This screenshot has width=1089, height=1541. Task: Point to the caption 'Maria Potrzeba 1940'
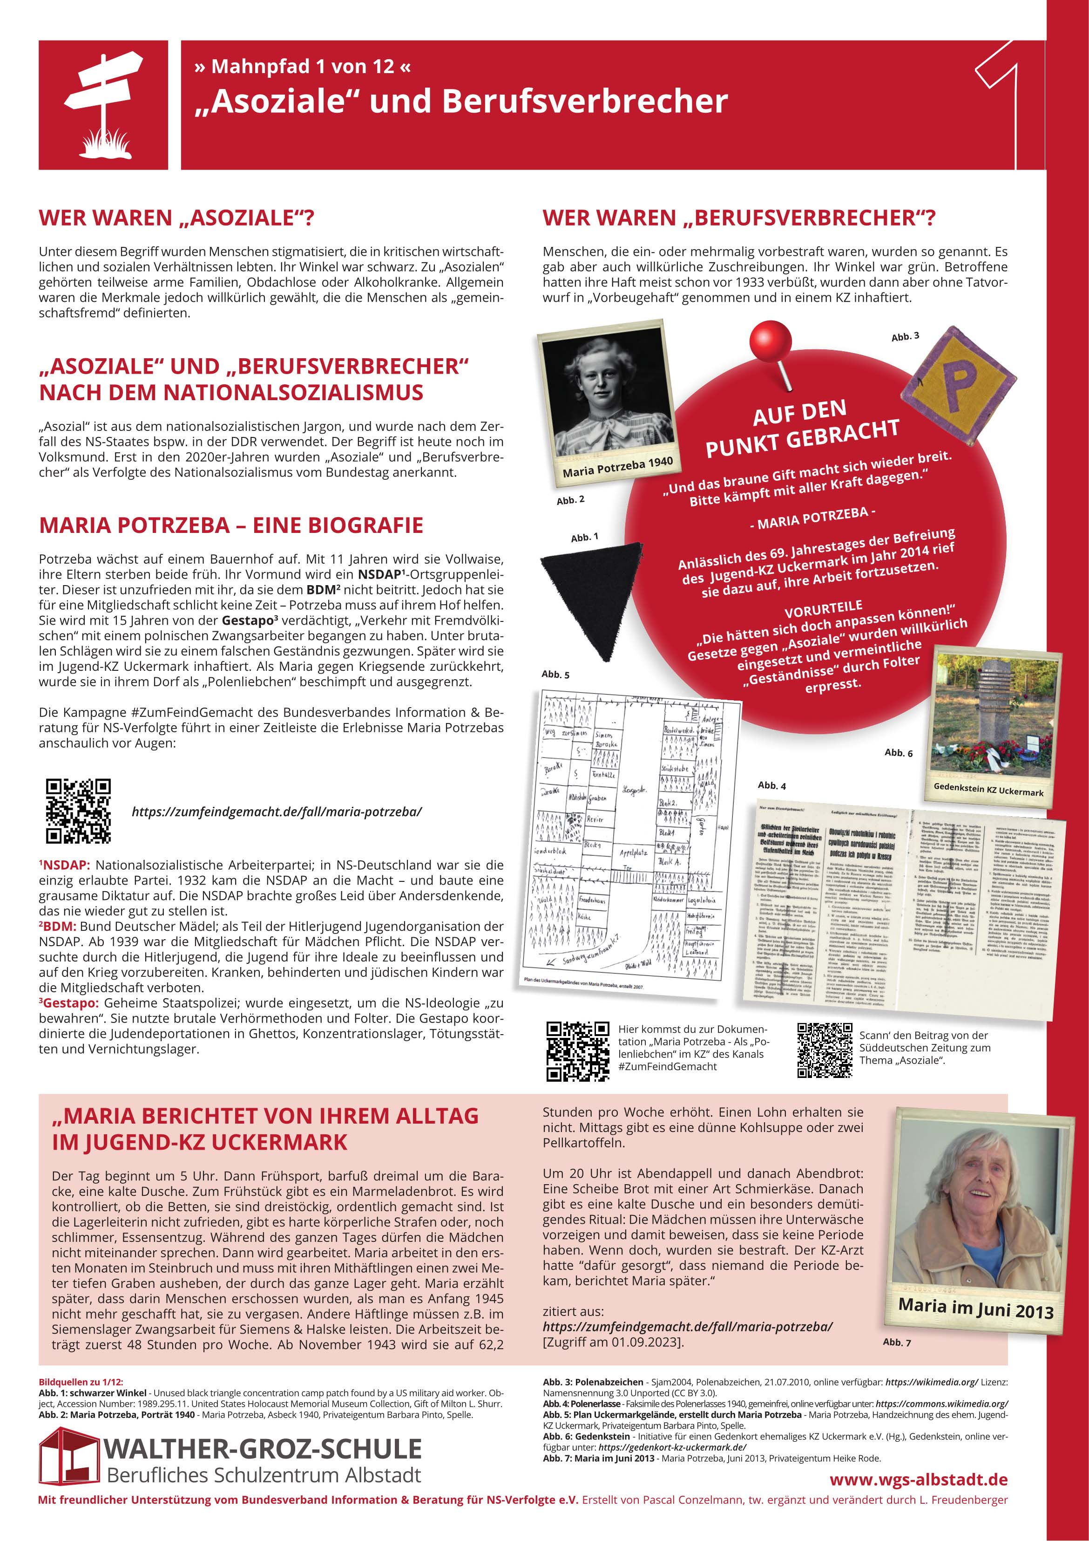[617, 466]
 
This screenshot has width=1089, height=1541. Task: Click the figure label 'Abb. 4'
[771, 785]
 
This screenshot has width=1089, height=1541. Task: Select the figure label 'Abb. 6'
[899, 752]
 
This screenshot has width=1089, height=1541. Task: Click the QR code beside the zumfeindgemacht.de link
[78, 811]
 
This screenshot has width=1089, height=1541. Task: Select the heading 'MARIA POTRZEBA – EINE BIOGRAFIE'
[231, 525]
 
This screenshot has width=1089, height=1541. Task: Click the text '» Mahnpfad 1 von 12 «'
[302, 67]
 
